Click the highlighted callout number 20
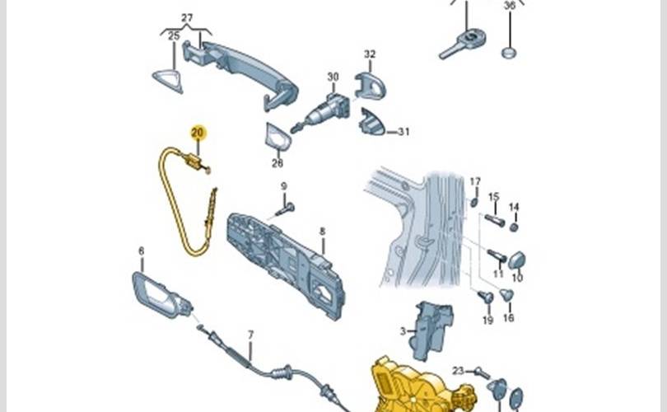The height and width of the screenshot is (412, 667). tap(198, 132)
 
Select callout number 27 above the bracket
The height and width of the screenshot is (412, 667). tap(187, 17)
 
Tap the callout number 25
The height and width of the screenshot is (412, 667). tap(174, 36)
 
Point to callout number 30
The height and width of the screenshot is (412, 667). tap(333, 77)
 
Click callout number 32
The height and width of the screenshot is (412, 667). tap(370, 54)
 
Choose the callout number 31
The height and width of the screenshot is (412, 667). tap(403, 132)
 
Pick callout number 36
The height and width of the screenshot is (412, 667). tap(509, 7)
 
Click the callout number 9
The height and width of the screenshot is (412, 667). tap(283, 186)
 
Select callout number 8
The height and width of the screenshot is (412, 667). tap(323, 232)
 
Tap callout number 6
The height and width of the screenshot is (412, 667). tap(141, 250)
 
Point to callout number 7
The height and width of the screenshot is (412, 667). tap(251, 335)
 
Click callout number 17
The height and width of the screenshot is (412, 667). tap(475, 181)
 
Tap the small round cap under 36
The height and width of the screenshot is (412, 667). tap(509, 54)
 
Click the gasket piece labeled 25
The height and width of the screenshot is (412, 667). tap(168, 76)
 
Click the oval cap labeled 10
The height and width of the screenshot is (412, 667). tap(518, 260)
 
